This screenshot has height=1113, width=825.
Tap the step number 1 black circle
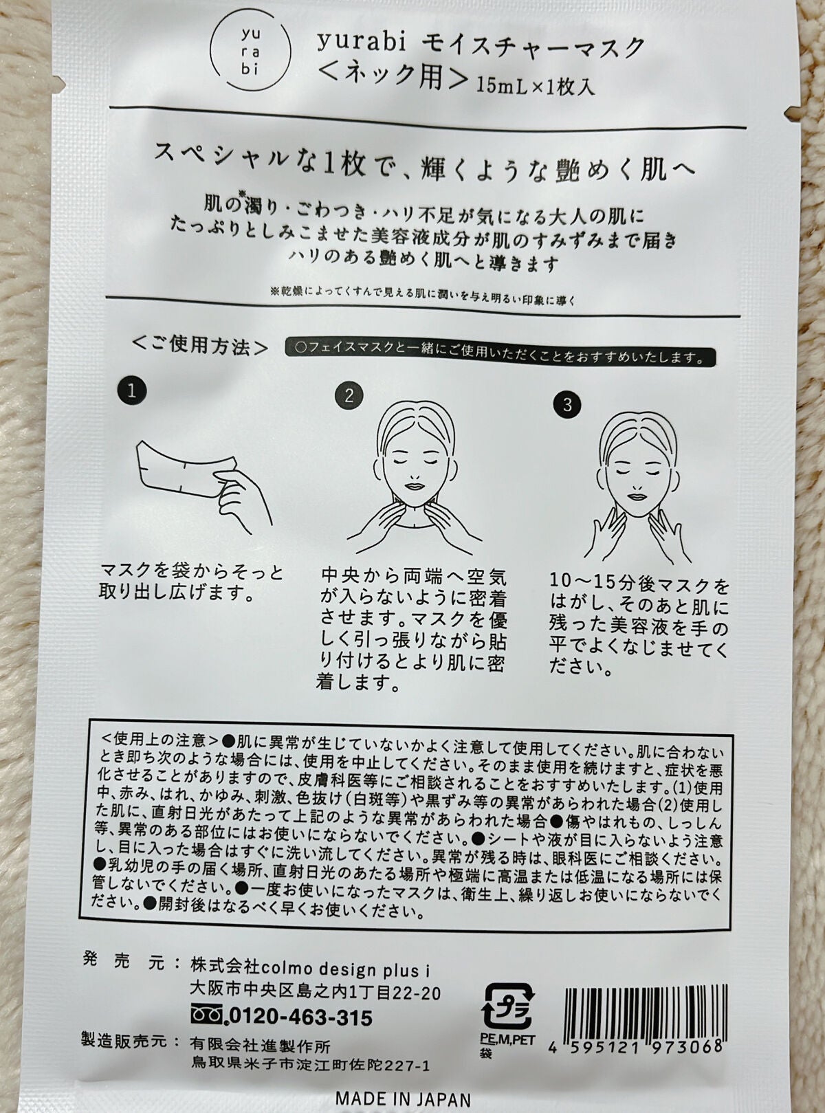pyautogui.click(x=131, y=391)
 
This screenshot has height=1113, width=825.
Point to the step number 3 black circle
pyautogui.click(x=567, y=404)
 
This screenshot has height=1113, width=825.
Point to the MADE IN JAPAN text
pyautogui.click(x=403, y=1097)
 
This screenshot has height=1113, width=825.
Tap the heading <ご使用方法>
pyautogui.click(x=200, y=345)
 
